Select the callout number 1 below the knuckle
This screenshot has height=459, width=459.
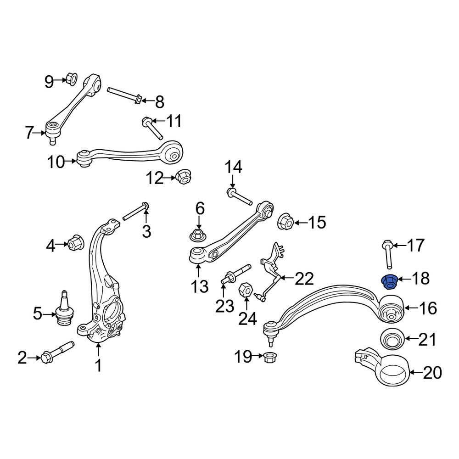[x=98, y=366]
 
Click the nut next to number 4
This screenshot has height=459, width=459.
[x=76, y=242]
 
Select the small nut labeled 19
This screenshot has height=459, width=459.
[x=268, y=356]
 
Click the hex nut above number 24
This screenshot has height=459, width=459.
[x=245, y=290]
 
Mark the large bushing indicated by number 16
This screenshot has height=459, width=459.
[x=391, y=310]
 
